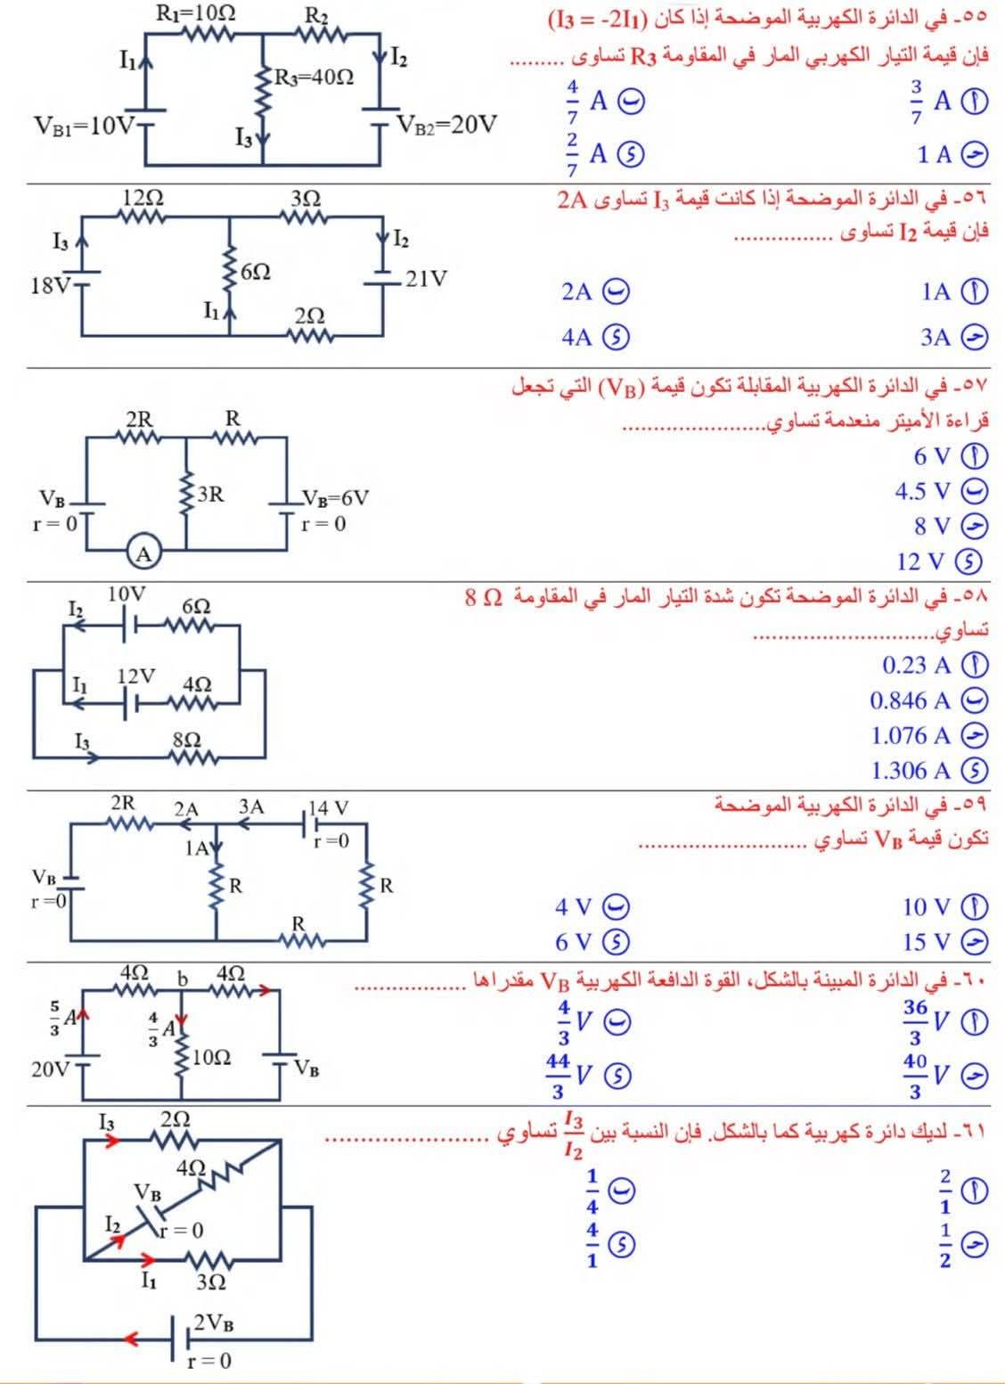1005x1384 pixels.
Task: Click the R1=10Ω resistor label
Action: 195,12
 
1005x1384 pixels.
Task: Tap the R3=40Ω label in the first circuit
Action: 314,78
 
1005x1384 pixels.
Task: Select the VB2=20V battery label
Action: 447,124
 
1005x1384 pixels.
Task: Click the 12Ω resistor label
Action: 143,196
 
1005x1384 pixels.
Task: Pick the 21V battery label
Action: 426,279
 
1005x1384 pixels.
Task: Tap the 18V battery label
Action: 49,286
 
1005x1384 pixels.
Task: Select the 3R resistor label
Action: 210,494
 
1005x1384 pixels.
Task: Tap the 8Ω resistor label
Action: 186,740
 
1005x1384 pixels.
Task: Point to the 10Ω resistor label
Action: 211,1058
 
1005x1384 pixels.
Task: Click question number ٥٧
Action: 974,388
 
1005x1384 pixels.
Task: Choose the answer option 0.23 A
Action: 917,665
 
